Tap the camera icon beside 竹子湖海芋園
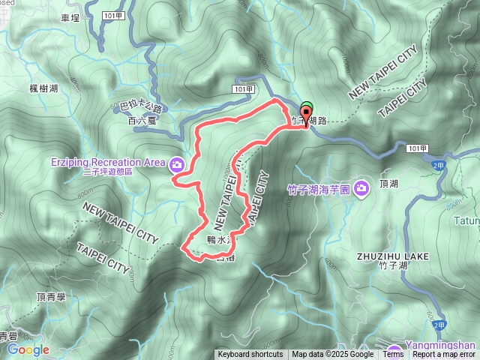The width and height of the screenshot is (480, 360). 361,187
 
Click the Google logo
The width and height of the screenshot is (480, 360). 28,349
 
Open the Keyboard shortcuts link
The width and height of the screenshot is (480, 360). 250,355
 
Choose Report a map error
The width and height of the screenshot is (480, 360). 444,355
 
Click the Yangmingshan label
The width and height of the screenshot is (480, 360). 441,346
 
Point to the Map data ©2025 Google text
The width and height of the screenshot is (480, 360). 332,355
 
